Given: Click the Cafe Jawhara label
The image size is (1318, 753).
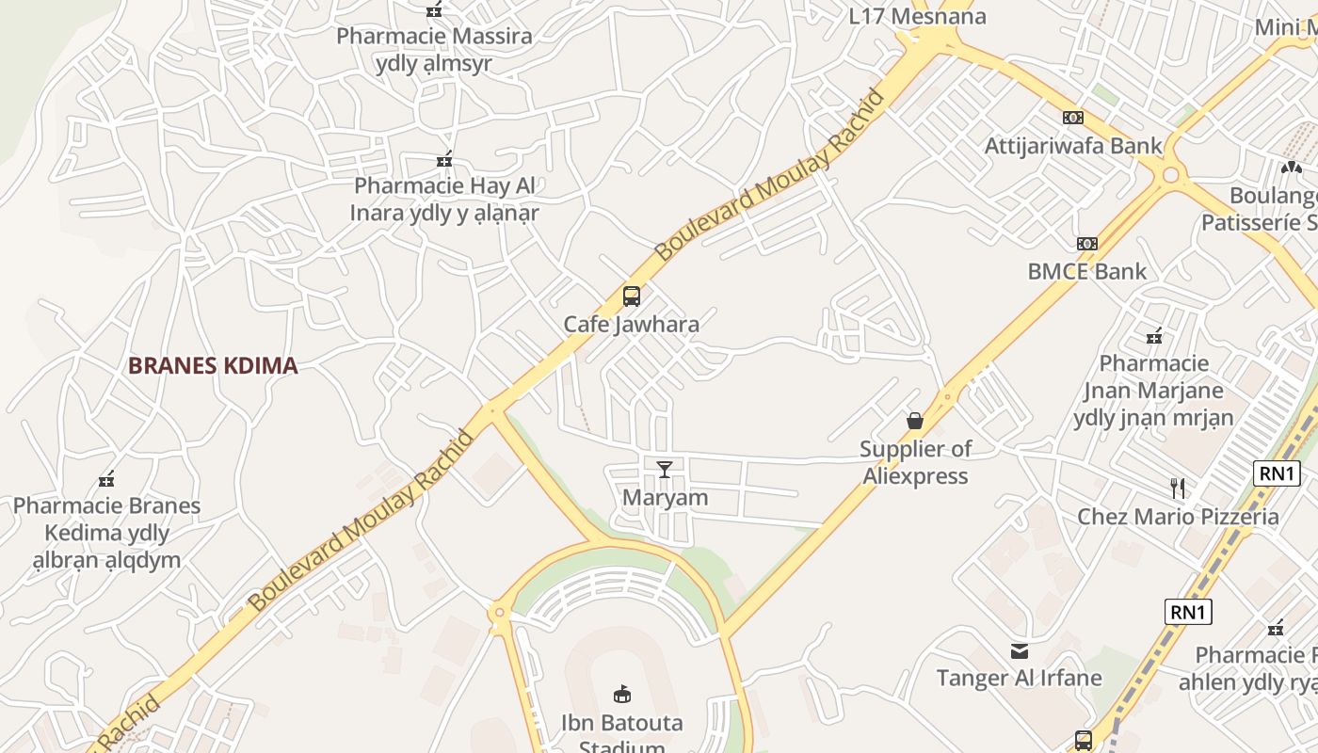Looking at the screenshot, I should (631, 325).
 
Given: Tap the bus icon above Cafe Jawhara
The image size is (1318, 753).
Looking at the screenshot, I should (631, 296).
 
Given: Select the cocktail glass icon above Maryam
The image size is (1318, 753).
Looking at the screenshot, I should (665, 468).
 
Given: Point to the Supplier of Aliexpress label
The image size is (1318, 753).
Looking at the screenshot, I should (915, 462).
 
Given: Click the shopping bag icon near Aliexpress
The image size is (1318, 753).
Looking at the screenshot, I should (914, 421).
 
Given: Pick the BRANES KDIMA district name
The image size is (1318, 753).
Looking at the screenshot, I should (213, 365).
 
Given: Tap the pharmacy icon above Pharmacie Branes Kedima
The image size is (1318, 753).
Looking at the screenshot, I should (106, 480).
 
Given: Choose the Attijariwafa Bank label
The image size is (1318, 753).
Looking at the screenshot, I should (1073, 146).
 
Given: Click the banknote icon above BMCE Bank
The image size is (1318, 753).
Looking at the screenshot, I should (1087, 244).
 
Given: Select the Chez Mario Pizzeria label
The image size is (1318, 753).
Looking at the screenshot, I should (1178, 516).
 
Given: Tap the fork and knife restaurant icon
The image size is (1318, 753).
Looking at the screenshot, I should (1177, 488).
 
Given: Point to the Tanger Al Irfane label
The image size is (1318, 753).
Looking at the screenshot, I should (1019, 678).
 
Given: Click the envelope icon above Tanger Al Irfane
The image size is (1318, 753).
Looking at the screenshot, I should (1019, 650).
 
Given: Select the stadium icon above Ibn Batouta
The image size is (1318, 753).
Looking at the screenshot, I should (621, 695).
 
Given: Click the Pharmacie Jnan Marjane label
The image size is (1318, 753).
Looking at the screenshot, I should (1153, 390).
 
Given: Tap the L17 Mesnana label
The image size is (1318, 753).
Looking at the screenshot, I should (917, 16).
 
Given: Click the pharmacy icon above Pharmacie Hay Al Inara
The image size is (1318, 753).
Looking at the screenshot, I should (444, 159).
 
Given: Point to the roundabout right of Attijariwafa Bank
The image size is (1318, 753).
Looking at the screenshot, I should (1170, 174).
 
